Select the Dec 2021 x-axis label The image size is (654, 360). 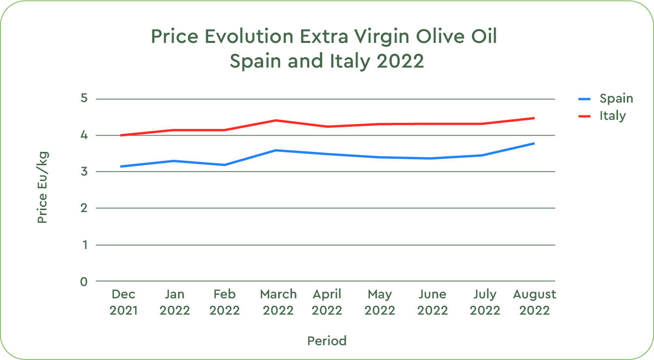coord(124,302)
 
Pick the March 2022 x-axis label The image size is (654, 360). coord(278,302)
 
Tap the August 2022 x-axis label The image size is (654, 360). coord(534,302)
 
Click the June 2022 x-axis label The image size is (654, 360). coord(433,302)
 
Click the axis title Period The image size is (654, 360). coord(327,341)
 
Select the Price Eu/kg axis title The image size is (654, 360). coord(43,187)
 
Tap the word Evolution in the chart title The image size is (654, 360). coord(249,37)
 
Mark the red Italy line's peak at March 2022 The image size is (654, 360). coord(276,120)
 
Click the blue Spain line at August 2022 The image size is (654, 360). coord(534,144)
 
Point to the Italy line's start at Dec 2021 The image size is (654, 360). coord(121,135)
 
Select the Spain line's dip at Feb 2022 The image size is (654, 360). coord(225,165)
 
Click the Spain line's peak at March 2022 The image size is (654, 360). coord(276,150)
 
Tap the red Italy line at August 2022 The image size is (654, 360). coord(534,118)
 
